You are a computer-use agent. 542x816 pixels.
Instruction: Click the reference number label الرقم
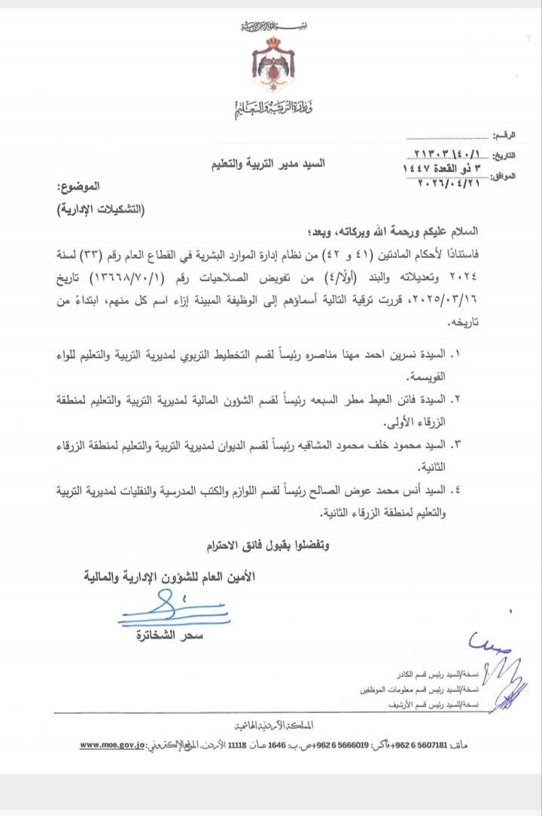tap(505, 135)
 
